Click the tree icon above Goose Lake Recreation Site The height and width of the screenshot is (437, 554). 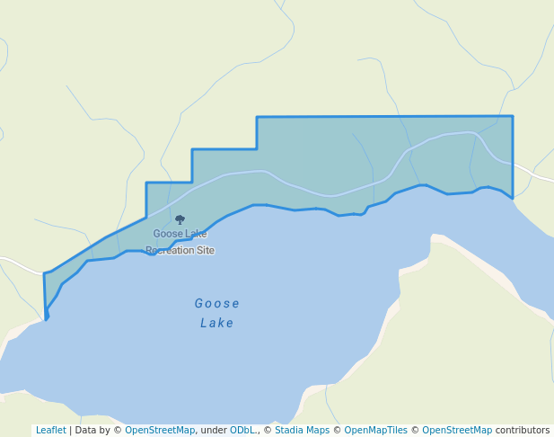(180, 219)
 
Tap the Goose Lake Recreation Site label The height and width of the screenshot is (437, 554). (180, 242)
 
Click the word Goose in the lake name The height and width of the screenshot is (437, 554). (216, 303)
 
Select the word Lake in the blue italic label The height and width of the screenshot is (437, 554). (216, 323)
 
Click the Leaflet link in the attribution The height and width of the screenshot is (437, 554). (50, 431)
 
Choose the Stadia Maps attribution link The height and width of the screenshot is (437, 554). (302, 431)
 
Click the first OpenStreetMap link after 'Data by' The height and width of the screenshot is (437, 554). (160, 431)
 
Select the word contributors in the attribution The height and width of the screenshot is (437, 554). (522, 431)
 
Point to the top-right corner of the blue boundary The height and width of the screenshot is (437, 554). (513, 116)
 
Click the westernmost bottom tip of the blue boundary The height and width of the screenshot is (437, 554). (46, 318)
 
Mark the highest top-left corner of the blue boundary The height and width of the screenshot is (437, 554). (257, 117)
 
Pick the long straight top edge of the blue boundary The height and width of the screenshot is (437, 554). (386, 117)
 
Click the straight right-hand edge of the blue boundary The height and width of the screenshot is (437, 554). (513, 157)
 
